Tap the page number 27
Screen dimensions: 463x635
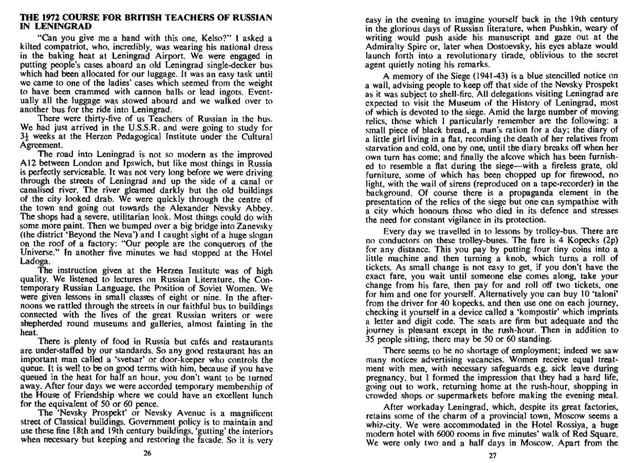click(492, 456)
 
